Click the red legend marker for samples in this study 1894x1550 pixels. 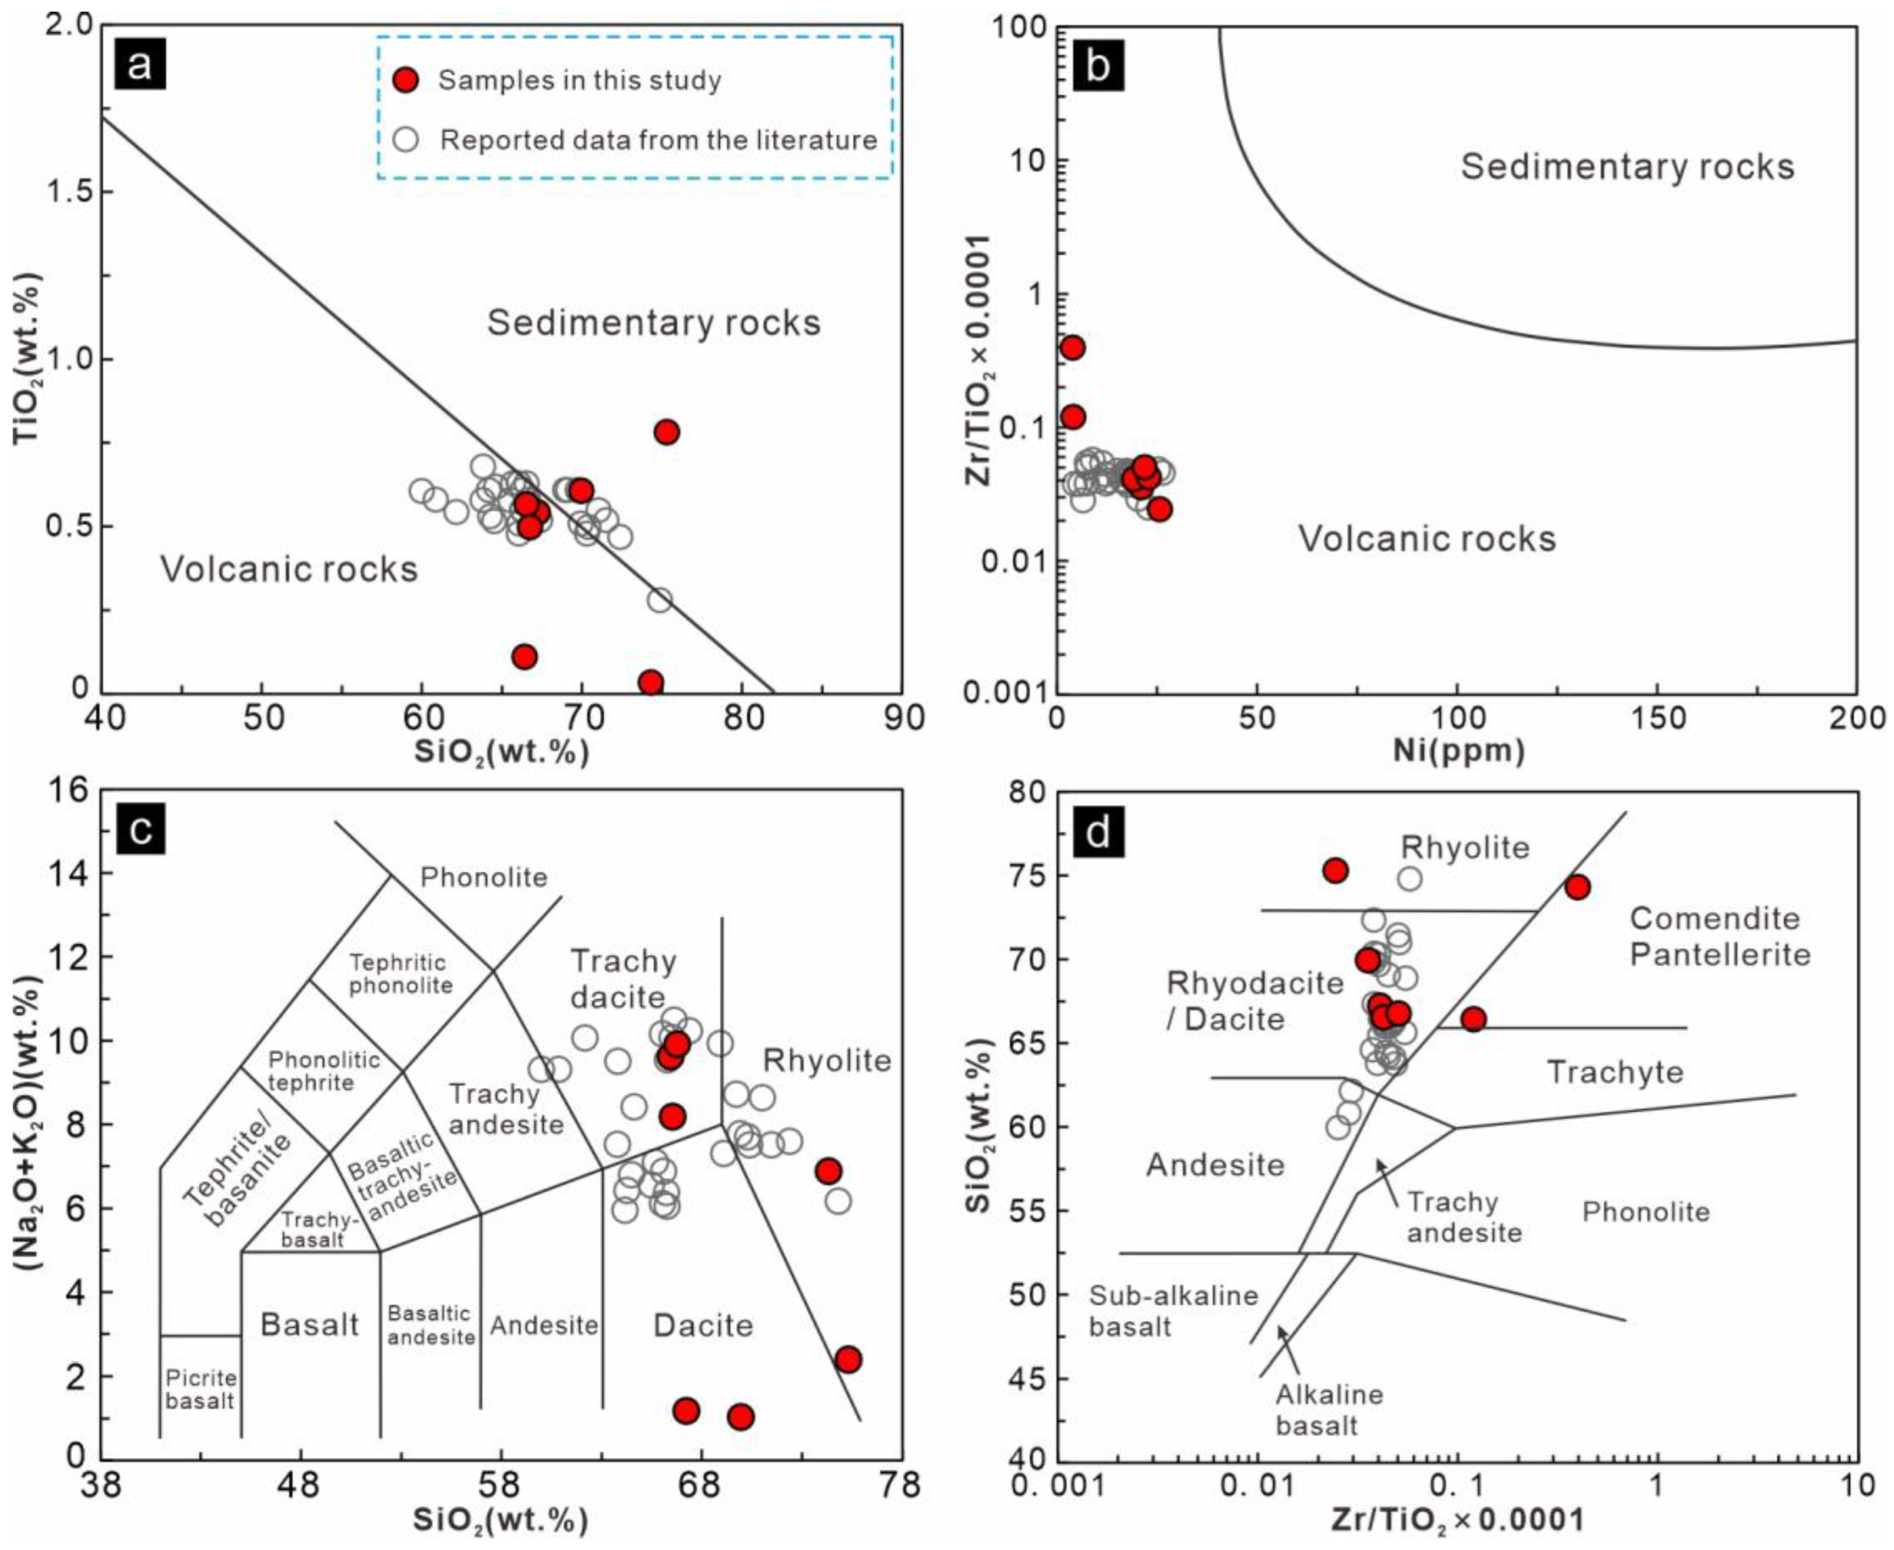(405, 80)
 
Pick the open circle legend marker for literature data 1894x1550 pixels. (405, 140)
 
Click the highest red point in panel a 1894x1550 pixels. (666, 432)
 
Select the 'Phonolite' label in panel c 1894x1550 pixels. (483, 877)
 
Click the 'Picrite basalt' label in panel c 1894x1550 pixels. (200, 1389)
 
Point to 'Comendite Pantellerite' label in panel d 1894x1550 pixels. (1719, 936)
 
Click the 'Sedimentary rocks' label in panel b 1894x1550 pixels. (1627, 167)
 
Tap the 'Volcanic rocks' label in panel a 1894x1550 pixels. (290, 569)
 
